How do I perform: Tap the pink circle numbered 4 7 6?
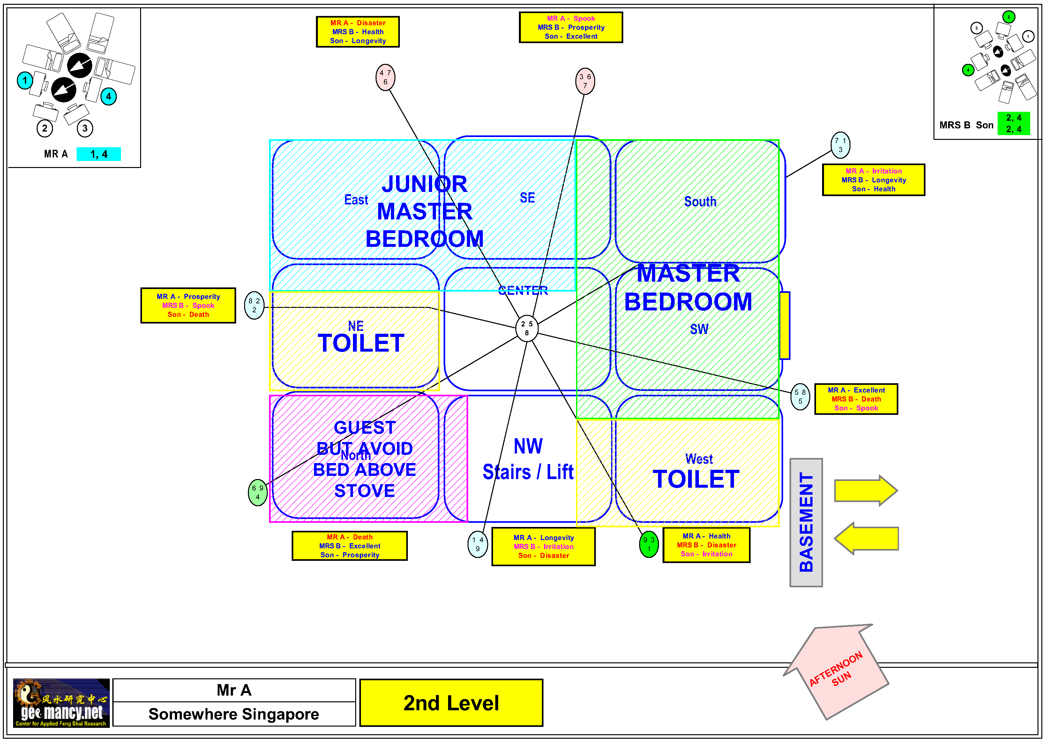point(386,77)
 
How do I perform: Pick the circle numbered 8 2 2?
point(254,305)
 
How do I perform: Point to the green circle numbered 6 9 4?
point(258,492)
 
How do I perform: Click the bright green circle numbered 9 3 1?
point(649,544)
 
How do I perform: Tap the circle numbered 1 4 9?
point(477,544)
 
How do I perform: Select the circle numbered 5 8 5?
point(800,396)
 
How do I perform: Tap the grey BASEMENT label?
point(806,522)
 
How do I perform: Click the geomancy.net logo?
point(61,703)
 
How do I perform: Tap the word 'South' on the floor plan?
point(700,202)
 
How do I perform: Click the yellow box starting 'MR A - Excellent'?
point(856,399)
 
